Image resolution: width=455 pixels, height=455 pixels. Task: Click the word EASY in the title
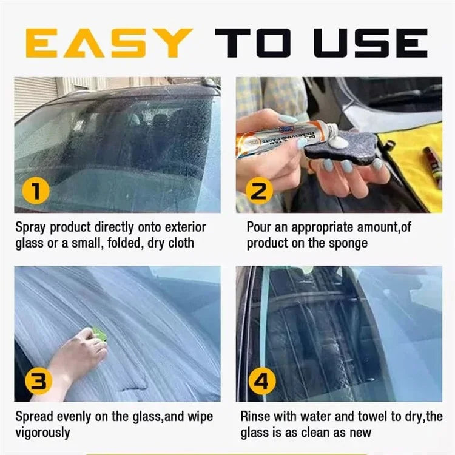coord(109,42)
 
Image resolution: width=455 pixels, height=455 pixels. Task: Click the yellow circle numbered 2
coord(259,192)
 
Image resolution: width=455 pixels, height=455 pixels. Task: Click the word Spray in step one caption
coord(30,228)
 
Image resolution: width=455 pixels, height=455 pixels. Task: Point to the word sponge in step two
coord(346,243)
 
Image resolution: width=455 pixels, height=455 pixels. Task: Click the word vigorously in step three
coord(43,433)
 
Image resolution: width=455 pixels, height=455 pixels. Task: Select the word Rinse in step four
coord(255,417)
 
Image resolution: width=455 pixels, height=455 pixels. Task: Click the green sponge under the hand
coord(98,333)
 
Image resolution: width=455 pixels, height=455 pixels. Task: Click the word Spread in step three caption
coord(34,417)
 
